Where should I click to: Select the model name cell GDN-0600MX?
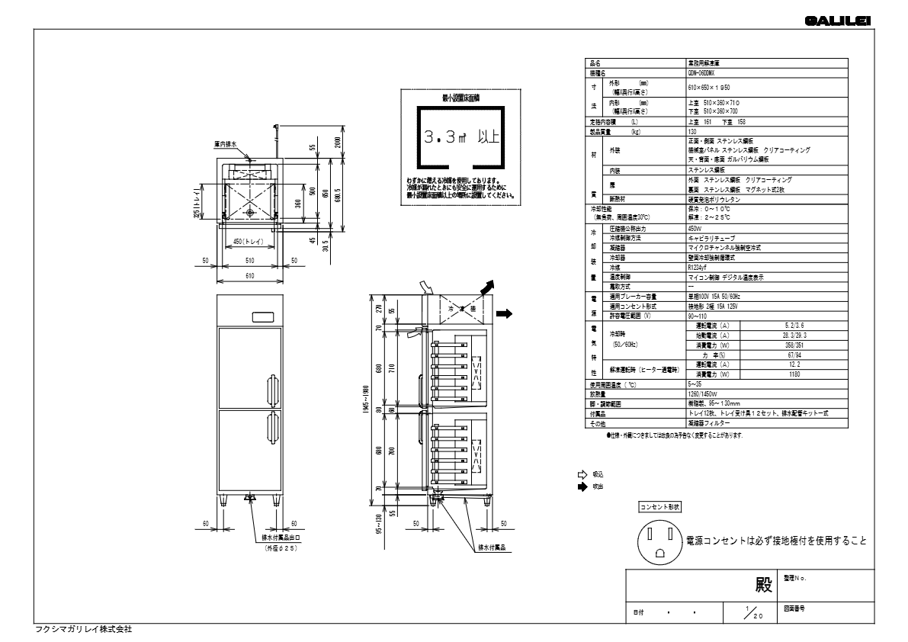(704, 74)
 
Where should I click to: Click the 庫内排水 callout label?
(226, 143)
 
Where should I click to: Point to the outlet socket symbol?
(659, 542)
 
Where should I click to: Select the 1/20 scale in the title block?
(751, 612)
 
